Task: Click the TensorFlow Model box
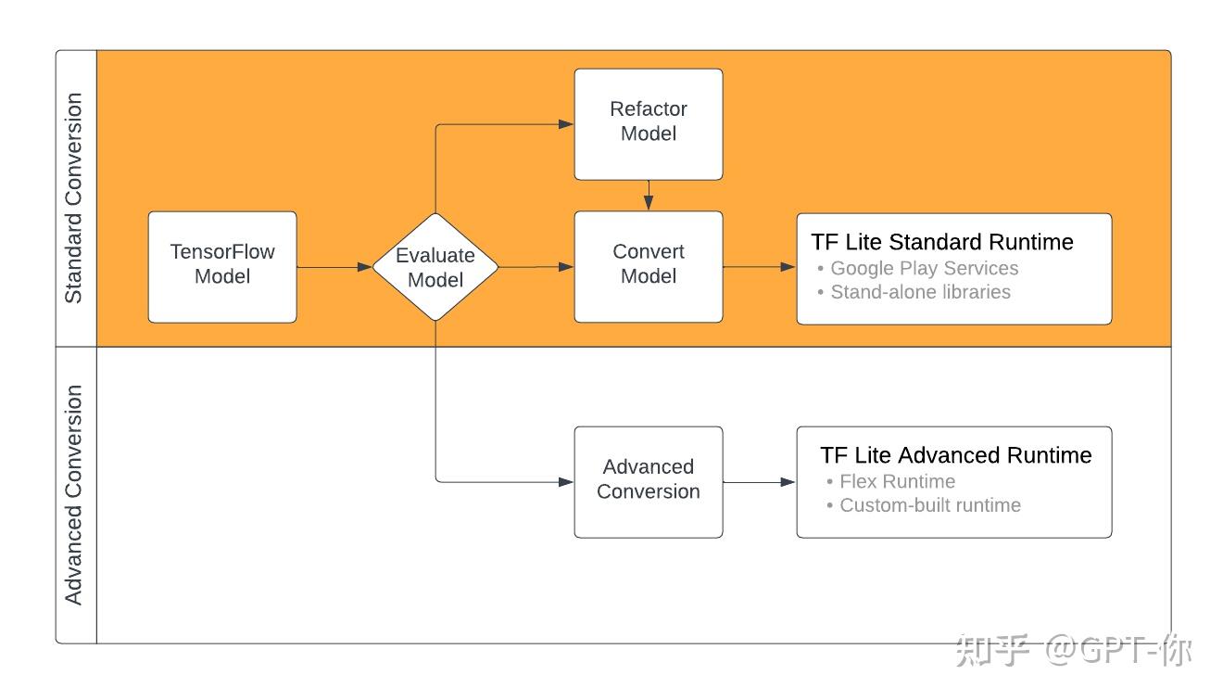pyautogui.click(x=222, y=266)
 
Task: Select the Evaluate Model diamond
pyautogui.click(x=435, y=267)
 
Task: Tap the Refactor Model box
pyautogui.click(x=649, y=123)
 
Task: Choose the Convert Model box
pyautogui.click(x=649, y=266)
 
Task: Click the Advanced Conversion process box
pyautogui.click(x=649, y=481)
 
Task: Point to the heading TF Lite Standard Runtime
pyautogui.click(x=941, y=242)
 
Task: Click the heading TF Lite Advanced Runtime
pyautogui.click(x=955, y=455)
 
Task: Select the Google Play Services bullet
pyautogui.click(x=924, y=268)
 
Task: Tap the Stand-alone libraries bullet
pyautogui.click(x=920, y=292)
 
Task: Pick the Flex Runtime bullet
pyautogui.click(x=897, y=481)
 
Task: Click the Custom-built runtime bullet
pyautogui.click(x=929, y=505)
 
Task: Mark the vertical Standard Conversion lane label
pyautogui.click(x=74, y=198)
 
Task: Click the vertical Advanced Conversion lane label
pyautogui.click(x=74, y=495)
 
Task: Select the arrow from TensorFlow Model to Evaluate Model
pyautogui.click(x=334, y=267)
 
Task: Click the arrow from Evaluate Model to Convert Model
pyautogui.click(x=536, y=267)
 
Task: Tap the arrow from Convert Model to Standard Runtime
pyautogui.click(x=759, y=267)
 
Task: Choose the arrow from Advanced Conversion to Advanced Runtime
pyautogui.click(x=759, y=482)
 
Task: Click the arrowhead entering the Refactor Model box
pyautogui.click(x=566, y=123)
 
